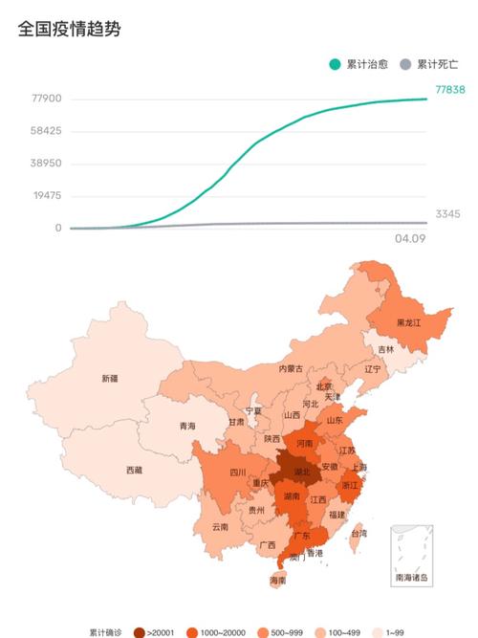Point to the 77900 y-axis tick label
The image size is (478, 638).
[46, 99]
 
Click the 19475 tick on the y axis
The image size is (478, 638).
[46, 195]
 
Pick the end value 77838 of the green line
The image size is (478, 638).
[450, 89]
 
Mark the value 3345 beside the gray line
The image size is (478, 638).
[447, 213]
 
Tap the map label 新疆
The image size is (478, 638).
[110, 379]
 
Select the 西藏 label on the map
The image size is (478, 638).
[134, 470]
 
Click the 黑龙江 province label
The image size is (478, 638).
[410, 323]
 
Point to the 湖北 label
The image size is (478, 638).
[298, 473]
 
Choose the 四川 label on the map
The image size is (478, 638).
[237, 473]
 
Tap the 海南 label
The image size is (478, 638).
[277, 580]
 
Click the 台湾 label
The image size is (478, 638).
[358, 533]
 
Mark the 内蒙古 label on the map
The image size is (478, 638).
[291, 368]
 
